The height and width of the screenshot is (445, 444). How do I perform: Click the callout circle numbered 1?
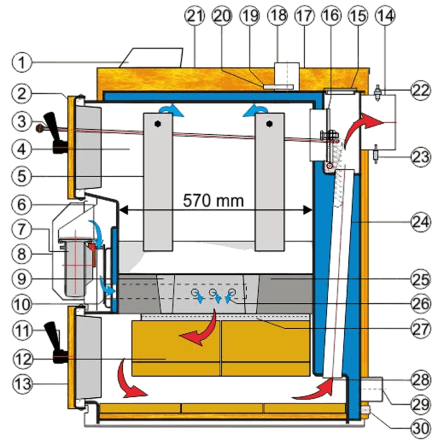pos(22,62)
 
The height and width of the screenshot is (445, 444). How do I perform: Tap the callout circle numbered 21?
pos(195,16)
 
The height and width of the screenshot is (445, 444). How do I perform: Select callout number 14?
pos(385,16)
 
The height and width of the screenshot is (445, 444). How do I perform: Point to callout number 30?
pos(421,428)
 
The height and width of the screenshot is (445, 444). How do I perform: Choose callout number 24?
pos(421,221)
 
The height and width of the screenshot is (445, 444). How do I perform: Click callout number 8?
pos(22,254)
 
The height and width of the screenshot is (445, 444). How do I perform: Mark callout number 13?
pos(22,384)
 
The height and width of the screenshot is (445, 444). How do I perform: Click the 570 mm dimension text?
pos(213,201)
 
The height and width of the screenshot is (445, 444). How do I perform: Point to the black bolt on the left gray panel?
pos(158,124)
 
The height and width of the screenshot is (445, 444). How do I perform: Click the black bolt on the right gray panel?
pos(269,124)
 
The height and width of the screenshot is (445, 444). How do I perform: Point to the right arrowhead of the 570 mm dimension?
pos(307,210)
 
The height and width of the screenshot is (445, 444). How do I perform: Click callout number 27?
pos(421,328)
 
